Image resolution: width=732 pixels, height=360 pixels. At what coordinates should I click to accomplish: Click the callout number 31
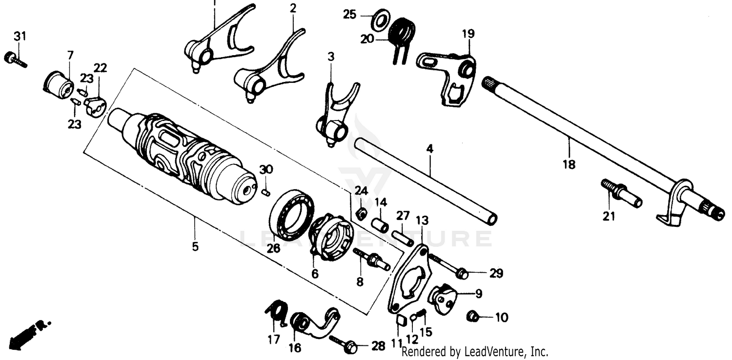[x=20, y=37]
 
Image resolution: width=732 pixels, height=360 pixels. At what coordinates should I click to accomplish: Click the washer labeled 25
[x=380, y=19]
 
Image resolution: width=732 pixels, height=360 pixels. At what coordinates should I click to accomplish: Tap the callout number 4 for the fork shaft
[x=429, y=148]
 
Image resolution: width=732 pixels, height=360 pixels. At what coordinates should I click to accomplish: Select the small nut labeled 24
[x=361, y=213]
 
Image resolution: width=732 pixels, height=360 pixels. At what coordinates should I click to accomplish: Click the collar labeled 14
[x=381, y=225]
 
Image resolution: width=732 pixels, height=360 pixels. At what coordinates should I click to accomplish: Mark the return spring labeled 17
[x=277, y=312]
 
